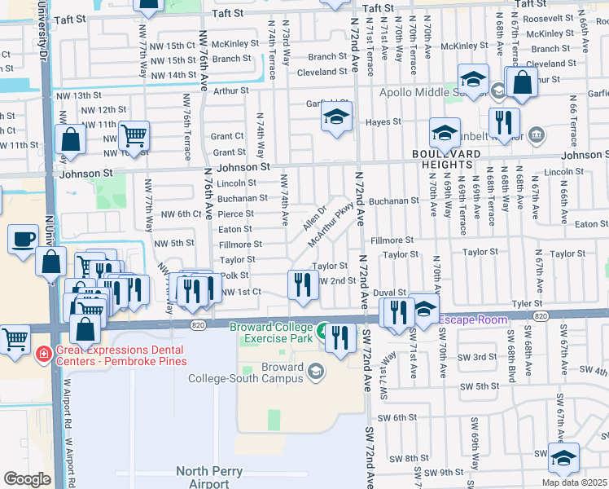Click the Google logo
[27, 478]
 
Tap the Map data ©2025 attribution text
[574, 482]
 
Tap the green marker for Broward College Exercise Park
[323, 331]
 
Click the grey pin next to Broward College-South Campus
[315, 372]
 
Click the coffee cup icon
[23, 239]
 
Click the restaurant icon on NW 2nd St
[302, 284]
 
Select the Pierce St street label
[237, 214]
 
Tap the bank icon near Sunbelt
[537, 134]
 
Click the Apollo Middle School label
[419, 91]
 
